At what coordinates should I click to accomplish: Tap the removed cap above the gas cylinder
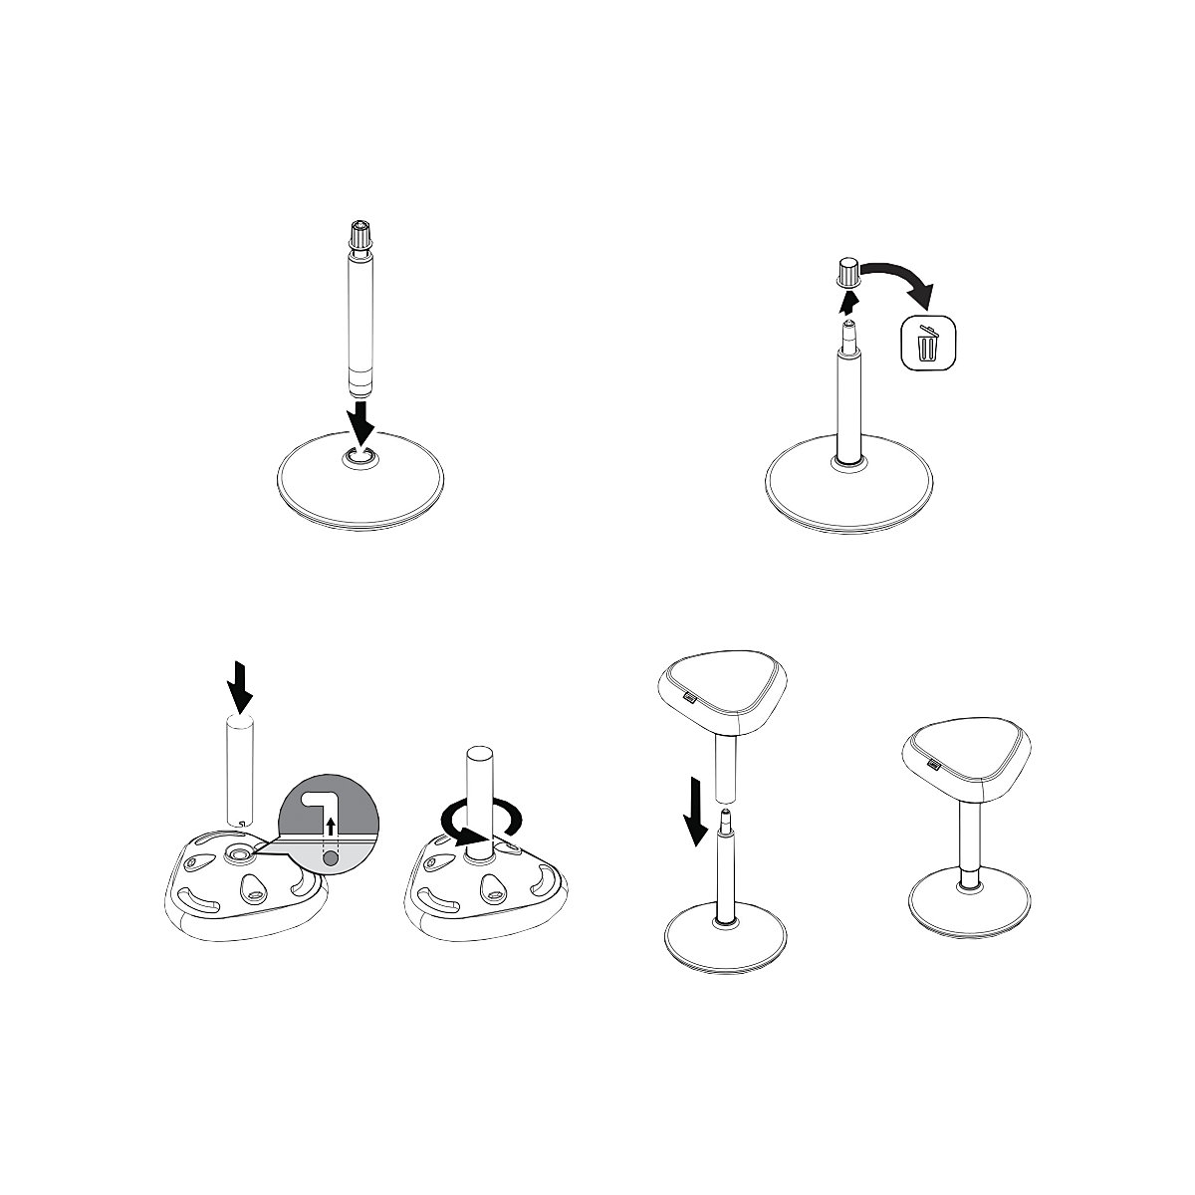pyautogui.click(x=848, y=271)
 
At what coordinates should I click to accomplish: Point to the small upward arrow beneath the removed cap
pyautogui.click(x=848, y=299)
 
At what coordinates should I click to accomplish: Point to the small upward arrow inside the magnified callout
pyautogui.click(x=330, y=826)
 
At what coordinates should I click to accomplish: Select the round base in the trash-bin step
pyautogui.click(x=851, y=488)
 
